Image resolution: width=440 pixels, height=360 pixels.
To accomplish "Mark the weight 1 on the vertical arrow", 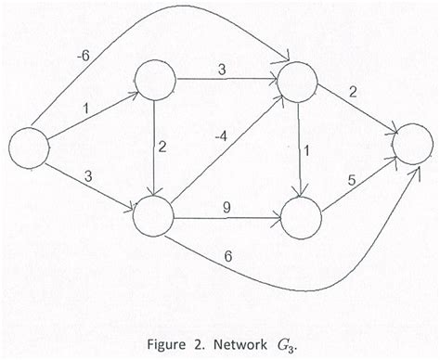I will [x=309, y=149].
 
